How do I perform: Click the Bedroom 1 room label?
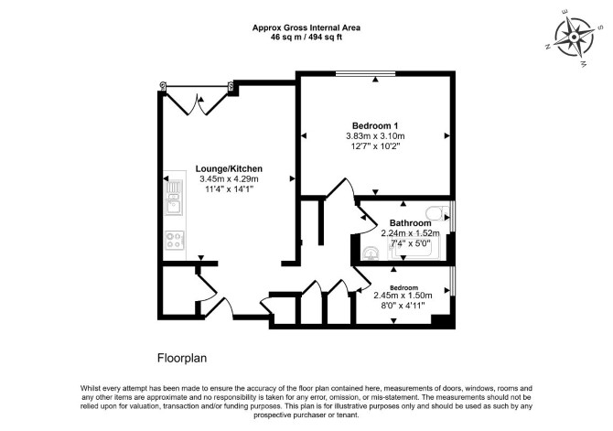point(375,126)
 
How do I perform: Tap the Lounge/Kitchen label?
point(229,169)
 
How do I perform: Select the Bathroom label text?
point(410,223)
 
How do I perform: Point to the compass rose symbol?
point(574,38)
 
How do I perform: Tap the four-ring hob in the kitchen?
point(175,240)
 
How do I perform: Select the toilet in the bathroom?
point(436,213)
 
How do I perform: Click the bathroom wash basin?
point(370,253)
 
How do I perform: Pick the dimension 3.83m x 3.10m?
point(375,136)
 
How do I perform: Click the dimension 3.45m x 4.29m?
point(229,179)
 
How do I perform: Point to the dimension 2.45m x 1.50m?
point(403,296)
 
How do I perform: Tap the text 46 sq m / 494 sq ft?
point(306,38)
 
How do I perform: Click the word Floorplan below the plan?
point(182,359)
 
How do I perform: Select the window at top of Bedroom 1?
point(366,73)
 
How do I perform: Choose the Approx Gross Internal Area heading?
point(306,27)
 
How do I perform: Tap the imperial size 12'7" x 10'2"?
point(375,146)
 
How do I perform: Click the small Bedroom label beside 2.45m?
point(403,288)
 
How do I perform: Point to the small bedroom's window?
point(452,281)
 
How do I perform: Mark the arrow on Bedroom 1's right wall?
point(446,135)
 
